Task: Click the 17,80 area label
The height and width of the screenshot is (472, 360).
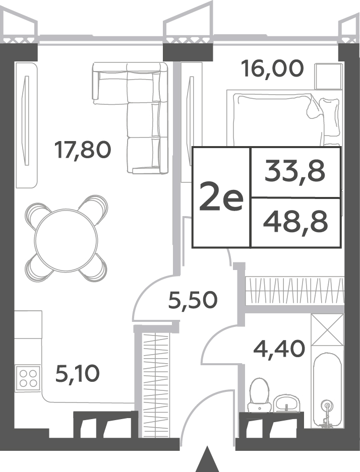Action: (83, 150)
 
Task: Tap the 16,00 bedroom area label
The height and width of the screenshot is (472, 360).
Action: (272, 68)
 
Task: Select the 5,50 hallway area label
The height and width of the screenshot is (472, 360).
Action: (193, 300)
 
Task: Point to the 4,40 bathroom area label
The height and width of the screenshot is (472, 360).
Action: (279, 349)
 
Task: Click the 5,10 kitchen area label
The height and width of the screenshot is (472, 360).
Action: (78, 374)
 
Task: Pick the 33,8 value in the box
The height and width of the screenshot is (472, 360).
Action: (295, 171)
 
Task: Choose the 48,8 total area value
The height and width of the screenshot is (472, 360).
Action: (295, 222)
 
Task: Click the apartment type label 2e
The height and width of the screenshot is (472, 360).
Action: (221, 197)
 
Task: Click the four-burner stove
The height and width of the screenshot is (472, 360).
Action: (28, 378)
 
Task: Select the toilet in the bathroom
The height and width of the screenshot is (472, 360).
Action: (259, 395)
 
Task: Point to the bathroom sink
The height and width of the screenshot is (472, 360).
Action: (286, 403)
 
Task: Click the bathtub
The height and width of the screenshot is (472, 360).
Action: (327, 390)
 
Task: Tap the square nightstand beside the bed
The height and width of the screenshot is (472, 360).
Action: (329, 76)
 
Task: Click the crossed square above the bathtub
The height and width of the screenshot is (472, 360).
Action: (327, 329)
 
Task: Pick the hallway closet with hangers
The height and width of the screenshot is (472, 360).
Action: (156, 385)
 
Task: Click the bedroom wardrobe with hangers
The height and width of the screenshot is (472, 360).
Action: (295, 291)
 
